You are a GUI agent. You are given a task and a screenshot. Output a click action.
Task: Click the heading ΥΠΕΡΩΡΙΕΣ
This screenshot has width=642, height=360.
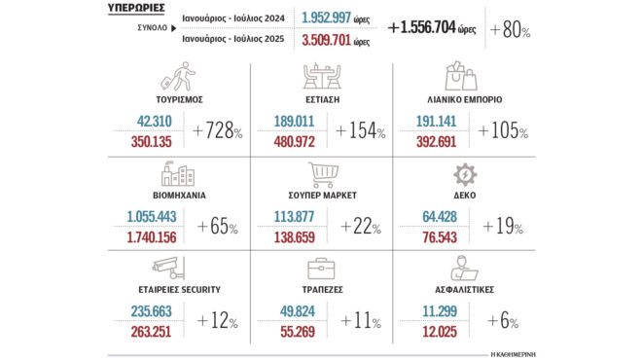pyautogui.click(x=135, y=9)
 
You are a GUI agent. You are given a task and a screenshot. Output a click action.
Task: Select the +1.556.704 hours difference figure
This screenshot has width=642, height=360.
pyautogui.click(x=433, y=29)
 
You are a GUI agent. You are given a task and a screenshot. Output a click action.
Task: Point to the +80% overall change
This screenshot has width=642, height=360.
pyautogui.click(x=511, y=30)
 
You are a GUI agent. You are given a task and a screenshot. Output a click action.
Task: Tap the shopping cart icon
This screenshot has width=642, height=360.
pyautogui.click(x=321, y=175)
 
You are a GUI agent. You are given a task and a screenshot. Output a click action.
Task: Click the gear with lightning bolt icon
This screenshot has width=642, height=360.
pyautogui.click(x=465, y=175)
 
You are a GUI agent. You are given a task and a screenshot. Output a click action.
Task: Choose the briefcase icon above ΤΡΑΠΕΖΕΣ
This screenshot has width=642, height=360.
pyautogui.click(x=321, y=270)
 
